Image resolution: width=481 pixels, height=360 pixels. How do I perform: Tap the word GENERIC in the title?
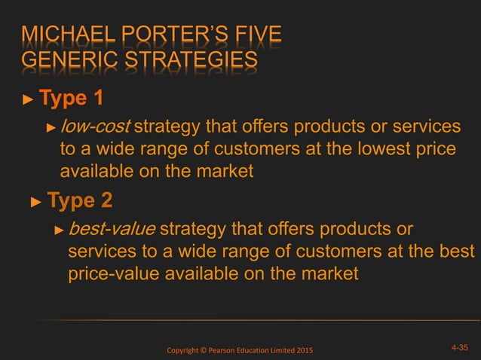coord(63,61)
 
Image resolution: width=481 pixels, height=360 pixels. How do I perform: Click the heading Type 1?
coord(71,99)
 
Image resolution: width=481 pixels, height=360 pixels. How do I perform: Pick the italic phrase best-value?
coord(112,228)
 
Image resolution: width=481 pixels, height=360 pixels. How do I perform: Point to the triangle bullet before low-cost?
coord(51,127)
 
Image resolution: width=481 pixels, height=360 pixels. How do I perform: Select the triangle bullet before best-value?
coord(60,230)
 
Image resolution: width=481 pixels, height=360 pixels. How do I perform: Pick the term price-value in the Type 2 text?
coord(111,273)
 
